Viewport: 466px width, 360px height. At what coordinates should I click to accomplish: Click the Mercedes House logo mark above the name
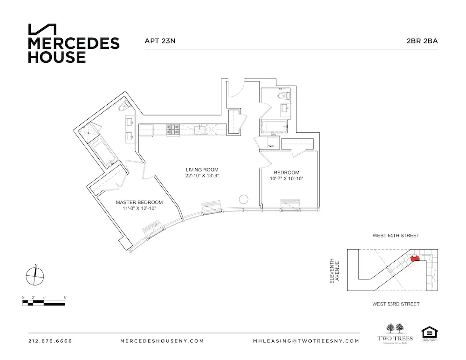(x=42, y=29)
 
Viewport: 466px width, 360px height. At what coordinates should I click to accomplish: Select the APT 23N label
(x=160, y=41)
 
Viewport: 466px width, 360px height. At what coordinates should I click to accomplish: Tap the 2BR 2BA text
(x=422, y=41)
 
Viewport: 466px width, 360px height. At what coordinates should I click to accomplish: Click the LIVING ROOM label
(x=202, y=170)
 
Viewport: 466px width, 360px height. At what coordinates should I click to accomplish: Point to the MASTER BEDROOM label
(x=139, y=202)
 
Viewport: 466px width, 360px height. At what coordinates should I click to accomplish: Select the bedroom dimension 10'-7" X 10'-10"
(x=287, y=178)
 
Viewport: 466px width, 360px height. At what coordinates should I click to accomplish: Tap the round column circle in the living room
(x=244, y=199)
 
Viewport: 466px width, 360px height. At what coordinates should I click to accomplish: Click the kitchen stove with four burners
(x=174, y=130)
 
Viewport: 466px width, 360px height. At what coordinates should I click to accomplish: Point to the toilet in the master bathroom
(x=123, y=108)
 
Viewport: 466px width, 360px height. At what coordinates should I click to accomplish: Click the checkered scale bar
(x=44, y=303)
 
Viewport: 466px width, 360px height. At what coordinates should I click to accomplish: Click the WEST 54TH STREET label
(x=396, y=236)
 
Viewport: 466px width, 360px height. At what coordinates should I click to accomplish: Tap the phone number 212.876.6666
(x=50, y=341)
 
